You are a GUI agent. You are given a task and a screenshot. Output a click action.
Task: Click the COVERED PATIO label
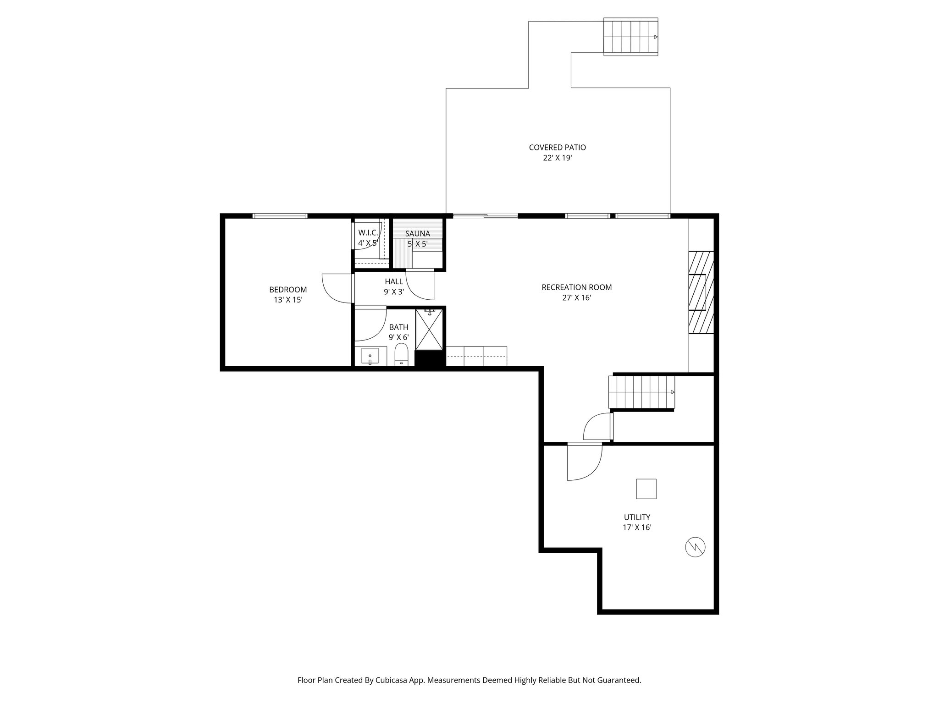[557, 148]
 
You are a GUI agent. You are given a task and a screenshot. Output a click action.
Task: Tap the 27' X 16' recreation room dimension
[576, 298]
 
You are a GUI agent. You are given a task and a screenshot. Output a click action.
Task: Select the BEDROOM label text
[288, 290]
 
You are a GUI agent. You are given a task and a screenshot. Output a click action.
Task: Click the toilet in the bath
[401, 356]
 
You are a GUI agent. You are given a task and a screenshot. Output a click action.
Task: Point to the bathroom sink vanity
[370, 356]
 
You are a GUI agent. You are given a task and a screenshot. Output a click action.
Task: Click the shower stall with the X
[429, 330]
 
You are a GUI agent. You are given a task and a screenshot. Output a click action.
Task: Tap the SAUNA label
[417, 234]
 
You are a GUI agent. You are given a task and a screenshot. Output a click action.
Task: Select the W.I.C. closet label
[368, 233]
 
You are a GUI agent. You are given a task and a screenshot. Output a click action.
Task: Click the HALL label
[394, 281]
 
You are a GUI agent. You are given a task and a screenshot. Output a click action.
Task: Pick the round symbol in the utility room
[695, 547]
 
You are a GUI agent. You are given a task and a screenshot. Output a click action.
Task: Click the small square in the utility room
[646, 489]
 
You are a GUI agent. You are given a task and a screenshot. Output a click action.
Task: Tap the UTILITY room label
[637, 517]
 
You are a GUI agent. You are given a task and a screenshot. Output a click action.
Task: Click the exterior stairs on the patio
[630, 37]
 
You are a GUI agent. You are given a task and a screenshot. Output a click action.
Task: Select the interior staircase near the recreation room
[641, 392]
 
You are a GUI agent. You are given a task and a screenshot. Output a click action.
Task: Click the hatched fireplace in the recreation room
[701, 292]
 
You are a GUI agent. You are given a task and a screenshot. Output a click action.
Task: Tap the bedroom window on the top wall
[279, 216]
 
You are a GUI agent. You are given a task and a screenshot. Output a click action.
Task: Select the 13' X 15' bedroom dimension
[288, 300]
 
